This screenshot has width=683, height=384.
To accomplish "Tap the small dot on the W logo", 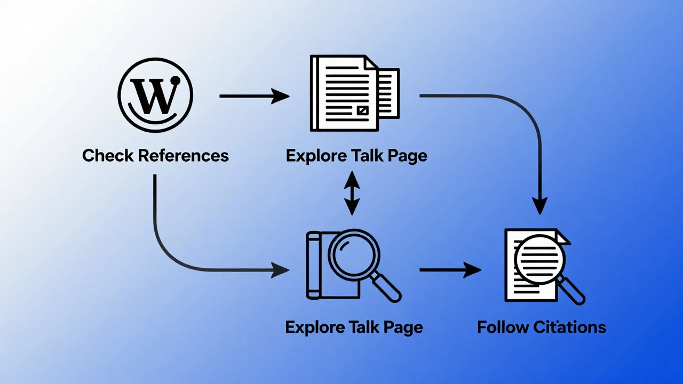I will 174,82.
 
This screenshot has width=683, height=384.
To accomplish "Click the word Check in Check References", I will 108,156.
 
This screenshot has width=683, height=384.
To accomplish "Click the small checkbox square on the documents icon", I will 362,110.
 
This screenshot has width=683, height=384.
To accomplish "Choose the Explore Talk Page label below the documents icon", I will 356,156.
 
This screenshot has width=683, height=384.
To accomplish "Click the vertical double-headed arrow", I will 352,193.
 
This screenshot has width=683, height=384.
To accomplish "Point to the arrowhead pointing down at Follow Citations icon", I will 540,205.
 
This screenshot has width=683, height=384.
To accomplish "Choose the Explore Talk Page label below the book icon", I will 354,327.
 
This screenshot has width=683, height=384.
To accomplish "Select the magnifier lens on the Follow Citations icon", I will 539,260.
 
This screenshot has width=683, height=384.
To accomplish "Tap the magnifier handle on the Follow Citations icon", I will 573,292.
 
